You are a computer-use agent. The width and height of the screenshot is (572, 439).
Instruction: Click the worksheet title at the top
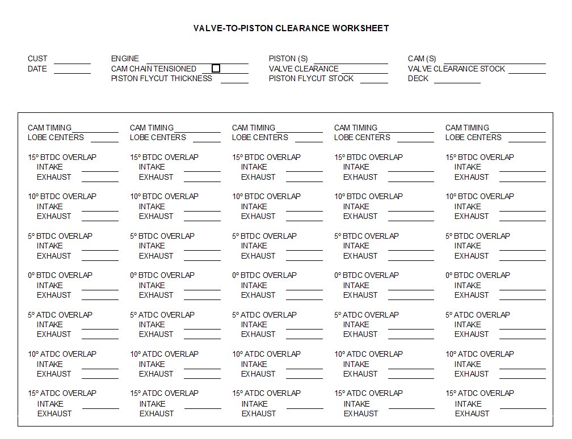(x=291, y=28)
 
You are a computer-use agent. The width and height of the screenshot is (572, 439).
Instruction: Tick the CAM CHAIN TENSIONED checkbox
(x=216, y=69)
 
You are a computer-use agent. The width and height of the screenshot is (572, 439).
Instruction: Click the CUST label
(x=37, y=59)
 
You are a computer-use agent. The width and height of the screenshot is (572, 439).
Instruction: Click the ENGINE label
(x=125, y=59)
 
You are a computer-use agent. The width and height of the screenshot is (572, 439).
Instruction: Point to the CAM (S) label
(x=422, y=59)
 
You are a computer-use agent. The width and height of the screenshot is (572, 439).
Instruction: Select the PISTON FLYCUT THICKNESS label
(x=162, y=79)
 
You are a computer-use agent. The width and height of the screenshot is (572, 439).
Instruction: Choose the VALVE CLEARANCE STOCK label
(x=456, y=69)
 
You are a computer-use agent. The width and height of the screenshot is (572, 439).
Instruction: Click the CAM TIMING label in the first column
(x=50, y=128)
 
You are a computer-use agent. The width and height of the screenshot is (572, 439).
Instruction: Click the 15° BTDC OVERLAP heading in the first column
(x=62, y=158)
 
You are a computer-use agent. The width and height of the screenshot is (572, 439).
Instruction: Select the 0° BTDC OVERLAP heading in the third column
(x=264, y=276)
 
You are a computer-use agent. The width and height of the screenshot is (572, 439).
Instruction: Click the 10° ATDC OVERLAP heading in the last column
(x=480, y=354)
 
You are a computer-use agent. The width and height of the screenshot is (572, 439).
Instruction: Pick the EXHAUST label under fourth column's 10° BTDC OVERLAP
(x=360, y=217)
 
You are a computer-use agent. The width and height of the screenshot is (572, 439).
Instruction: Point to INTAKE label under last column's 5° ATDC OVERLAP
(x=468, y=325)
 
